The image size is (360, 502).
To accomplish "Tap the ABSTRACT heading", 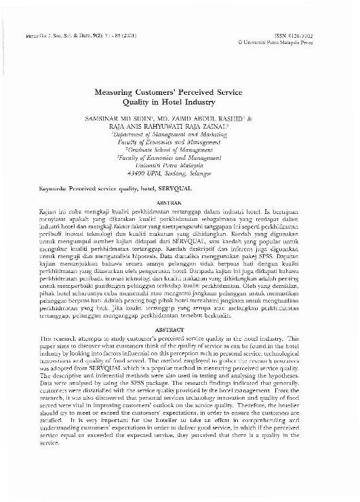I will tap(179, 329).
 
